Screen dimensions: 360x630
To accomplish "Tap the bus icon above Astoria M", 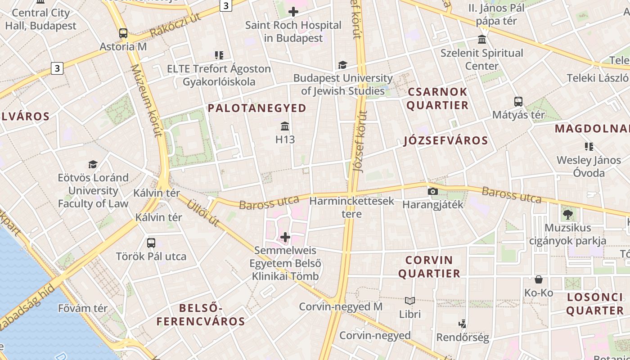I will point(123,33).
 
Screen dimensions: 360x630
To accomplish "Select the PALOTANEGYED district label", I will point(257,108).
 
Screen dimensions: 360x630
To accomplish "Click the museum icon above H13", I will point(285,126).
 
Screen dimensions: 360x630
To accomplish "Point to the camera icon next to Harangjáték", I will point(432,192).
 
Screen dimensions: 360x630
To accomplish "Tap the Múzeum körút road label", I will point(146,100).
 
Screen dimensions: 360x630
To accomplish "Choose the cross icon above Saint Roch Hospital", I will point(293,12).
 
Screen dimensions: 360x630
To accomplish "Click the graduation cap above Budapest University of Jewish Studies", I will point(342,65).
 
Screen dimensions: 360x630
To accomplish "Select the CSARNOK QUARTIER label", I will point(437,99).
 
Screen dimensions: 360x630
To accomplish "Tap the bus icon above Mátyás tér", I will point(518,102).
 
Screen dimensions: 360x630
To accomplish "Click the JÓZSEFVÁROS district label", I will point(445,140).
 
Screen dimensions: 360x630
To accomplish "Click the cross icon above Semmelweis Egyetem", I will point(285,237).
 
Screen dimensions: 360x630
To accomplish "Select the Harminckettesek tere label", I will point(352,207).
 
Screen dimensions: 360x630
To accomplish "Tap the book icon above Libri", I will point(410,301).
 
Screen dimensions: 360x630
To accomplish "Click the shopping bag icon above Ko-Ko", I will point(539,279).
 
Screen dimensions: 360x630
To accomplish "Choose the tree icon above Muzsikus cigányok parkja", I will point(567,215).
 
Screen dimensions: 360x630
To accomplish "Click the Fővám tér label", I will point(83,308).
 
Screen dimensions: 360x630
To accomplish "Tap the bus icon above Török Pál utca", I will point(151,243).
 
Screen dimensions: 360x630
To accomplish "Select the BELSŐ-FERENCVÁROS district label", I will point(201,315).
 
